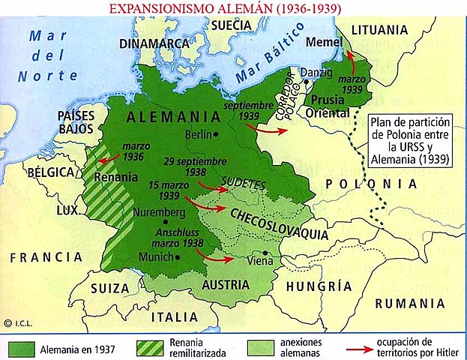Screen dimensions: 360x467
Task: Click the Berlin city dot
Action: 216,134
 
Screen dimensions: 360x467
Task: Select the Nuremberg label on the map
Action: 158,211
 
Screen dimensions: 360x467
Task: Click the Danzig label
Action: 315,73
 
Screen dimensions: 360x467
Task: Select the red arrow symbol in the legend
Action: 368,349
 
